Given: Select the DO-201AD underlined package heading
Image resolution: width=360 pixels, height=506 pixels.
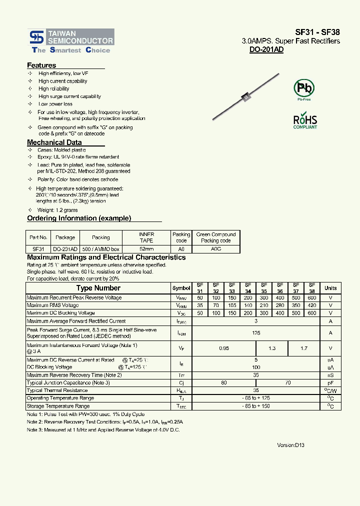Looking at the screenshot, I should tap(266, 50).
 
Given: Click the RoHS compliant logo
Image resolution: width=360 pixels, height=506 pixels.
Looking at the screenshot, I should tap(304, 121).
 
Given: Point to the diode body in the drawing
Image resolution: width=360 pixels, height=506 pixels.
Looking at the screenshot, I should tap(246, 97).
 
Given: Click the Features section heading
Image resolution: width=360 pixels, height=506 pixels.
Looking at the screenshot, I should tap(41, 65).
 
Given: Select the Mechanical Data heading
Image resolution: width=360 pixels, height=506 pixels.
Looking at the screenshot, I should tap(54, 142).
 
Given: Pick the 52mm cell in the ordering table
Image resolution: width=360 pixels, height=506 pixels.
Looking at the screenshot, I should tap(146, 248).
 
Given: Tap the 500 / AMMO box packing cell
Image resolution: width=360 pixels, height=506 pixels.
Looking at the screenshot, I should tap(101, 248).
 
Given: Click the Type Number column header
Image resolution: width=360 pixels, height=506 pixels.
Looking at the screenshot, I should tap(98, 288).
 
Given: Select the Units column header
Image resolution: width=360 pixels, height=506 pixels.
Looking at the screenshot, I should tap(330, 288).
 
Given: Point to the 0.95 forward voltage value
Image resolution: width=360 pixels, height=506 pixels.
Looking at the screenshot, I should tap(224, 348).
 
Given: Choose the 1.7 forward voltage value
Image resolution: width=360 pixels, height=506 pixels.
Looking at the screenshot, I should tap(303, 348).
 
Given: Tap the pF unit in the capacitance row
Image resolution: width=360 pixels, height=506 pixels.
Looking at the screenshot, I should tap(330, 382).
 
